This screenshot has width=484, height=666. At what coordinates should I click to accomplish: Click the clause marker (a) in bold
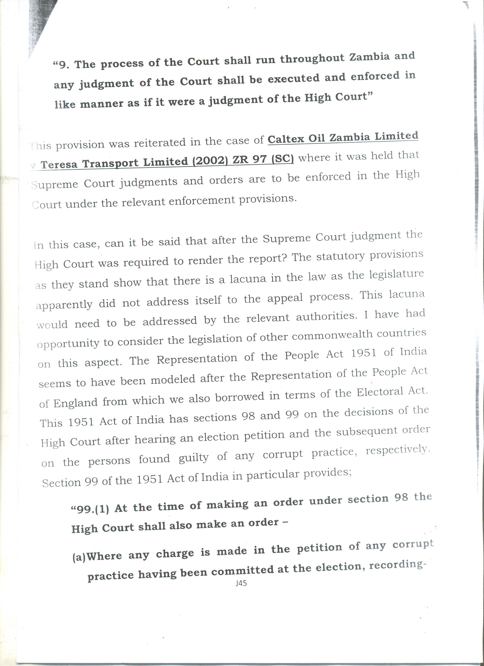78,557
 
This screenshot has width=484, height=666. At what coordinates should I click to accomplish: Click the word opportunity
68,344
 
